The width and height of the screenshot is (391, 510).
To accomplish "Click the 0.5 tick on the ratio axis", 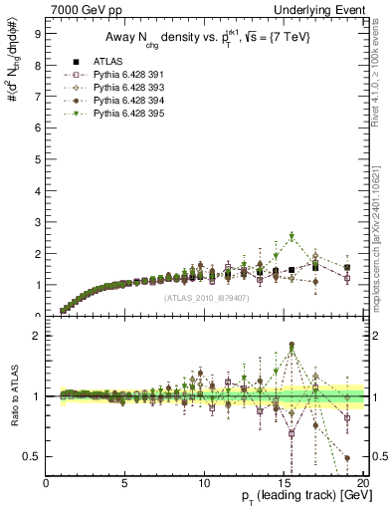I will pyautogui.click(x=32, y=456).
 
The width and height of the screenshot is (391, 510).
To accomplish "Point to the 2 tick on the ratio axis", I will pyautogui.click(x=37, y=336).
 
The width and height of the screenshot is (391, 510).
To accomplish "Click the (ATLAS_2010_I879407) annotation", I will pyautogui.click(x=206, y=297).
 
